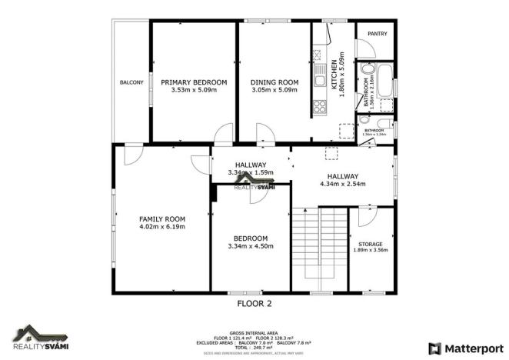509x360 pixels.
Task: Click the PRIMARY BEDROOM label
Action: tap(194, 82)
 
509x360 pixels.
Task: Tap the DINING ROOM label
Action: tap(274, 82)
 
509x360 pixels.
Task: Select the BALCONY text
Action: tap(131, 82)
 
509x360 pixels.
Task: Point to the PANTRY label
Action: tap(376, 34)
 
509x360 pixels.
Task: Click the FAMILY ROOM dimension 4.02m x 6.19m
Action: tap(162, 227)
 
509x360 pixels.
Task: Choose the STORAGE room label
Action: tap(371, 244)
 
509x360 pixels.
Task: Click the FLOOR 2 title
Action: tap(254, 303)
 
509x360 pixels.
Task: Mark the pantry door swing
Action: tap(365, 48)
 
